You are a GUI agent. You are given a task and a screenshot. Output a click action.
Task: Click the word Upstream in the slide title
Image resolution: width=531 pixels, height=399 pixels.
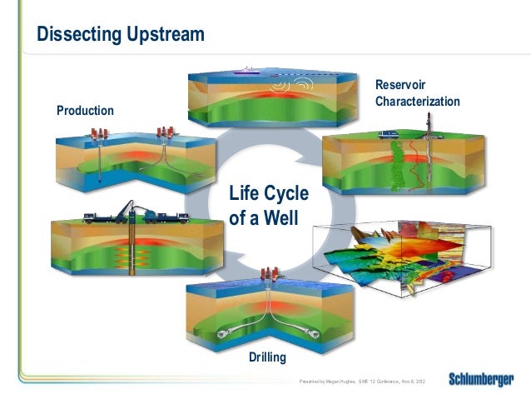coord(157,35)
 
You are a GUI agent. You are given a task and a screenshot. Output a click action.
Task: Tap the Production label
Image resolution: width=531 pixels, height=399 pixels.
coord(85,110)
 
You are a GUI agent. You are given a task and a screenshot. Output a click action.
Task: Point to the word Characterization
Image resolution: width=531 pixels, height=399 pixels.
coord(417,101)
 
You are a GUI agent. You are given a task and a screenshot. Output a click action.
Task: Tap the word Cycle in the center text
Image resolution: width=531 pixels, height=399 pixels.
coord(287,195)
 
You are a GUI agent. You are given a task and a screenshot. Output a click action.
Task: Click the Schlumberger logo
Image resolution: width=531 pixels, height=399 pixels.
coord(481,380)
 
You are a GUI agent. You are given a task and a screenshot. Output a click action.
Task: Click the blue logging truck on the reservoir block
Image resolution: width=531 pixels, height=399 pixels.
coord(387,134)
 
